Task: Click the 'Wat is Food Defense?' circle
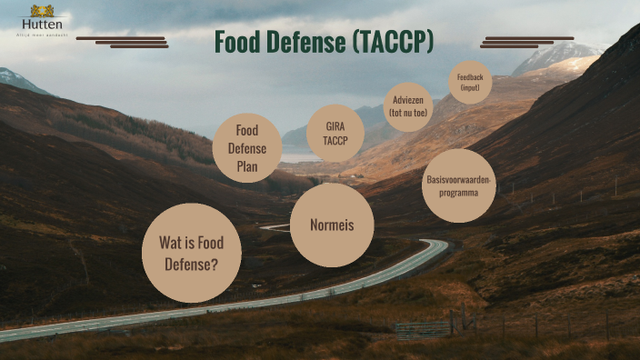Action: point(191,253)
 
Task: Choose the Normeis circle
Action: point(332,225)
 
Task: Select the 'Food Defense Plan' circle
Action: point(247,148)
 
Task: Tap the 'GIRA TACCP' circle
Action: point(335,134)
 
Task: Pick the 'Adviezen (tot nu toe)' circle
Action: point(407,107)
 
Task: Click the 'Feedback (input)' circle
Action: point(470,83)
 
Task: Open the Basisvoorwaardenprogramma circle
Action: point(458,186)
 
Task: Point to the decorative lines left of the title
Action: point(123,42)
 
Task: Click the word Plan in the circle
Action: point(247,166)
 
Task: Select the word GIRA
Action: point(335,126)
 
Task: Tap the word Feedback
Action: point(470,78)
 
